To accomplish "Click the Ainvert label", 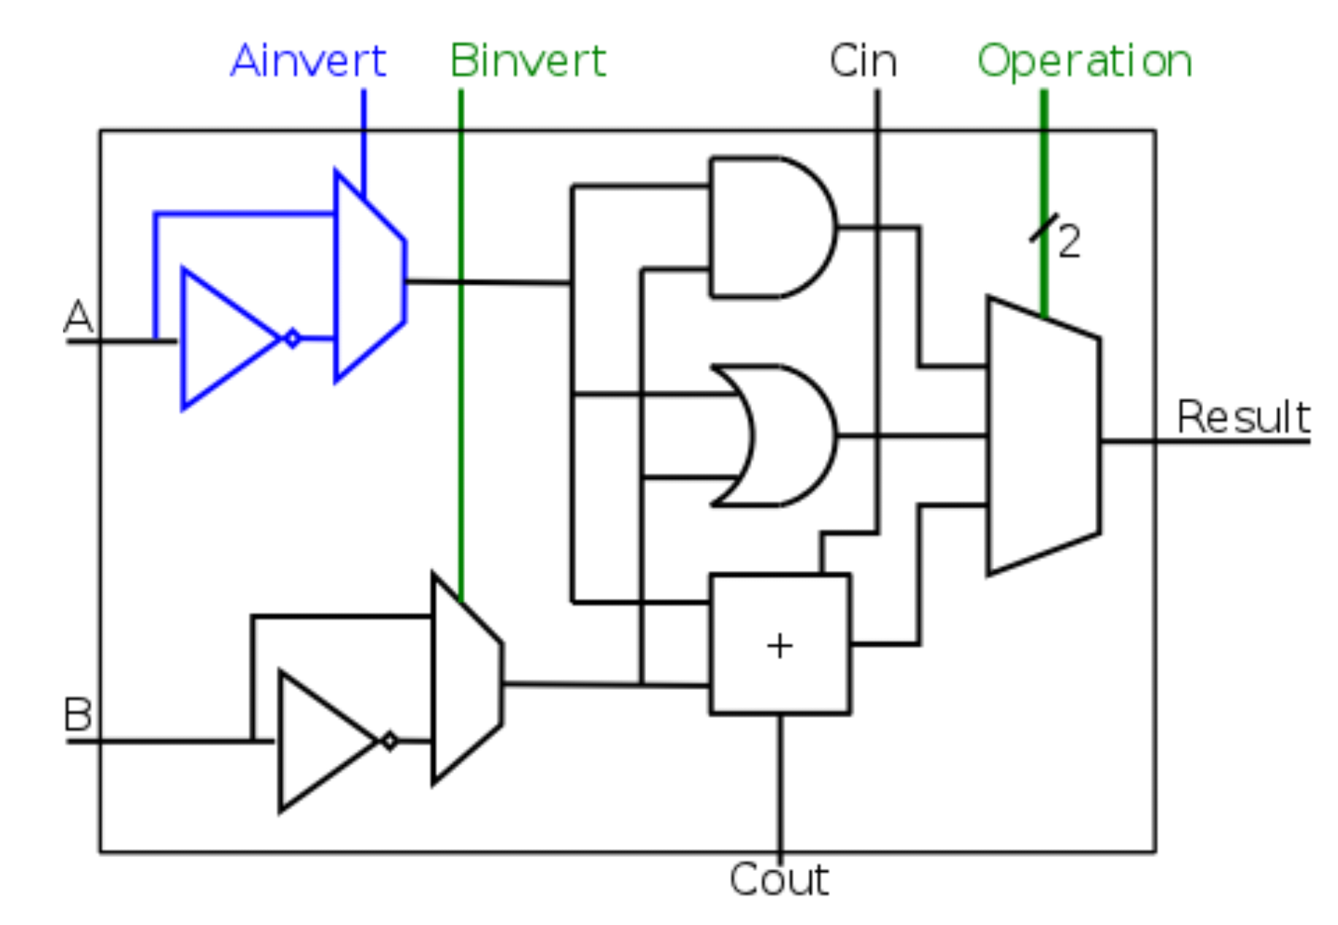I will tap(307, 61).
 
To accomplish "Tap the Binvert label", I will tap(528, 61).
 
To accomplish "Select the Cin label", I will tap(863, 61).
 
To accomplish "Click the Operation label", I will tap(1085, 61).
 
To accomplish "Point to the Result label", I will tap(1243, 417).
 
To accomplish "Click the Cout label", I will tap(779, 879).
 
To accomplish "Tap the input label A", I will tap(78, 317).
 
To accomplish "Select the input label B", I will tap(77, 714).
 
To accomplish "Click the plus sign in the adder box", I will tap(780, 645).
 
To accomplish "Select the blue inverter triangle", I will tap(223, 339).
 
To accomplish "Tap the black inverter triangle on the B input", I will tap(321, 741).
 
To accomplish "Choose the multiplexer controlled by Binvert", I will tap(466, 679).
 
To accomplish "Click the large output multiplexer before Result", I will tap(1042, 436).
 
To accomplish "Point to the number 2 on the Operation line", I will tap(1069, 241).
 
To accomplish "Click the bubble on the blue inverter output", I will tap(292, 339).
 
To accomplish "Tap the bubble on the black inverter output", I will tap(390, 741).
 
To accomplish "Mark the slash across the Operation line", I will tap(1044, 228).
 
